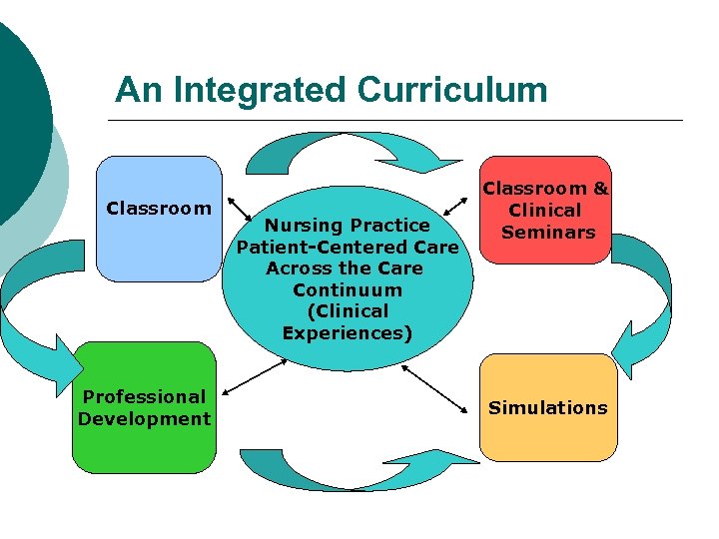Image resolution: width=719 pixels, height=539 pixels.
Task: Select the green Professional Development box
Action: tap(144, 407)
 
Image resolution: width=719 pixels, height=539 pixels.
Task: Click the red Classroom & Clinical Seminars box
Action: tap(546, 210)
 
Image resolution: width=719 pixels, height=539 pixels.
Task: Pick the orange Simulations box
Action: tap(547, 407)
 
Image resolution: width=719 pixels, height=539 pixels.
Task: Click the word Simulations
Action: tap(547, 407)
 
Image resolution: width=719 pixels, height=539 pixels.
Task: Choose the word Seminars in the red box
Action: tap(548, 232)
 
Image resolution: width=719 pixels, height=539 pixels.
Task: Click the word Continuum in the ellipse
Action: tap(348, 289)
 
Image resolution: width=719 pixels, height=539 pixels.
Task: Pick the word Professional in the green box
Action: tap(144, 396)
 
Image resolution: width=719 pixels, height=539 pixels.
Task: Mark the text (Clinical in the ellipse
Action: tap(348, 311)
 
